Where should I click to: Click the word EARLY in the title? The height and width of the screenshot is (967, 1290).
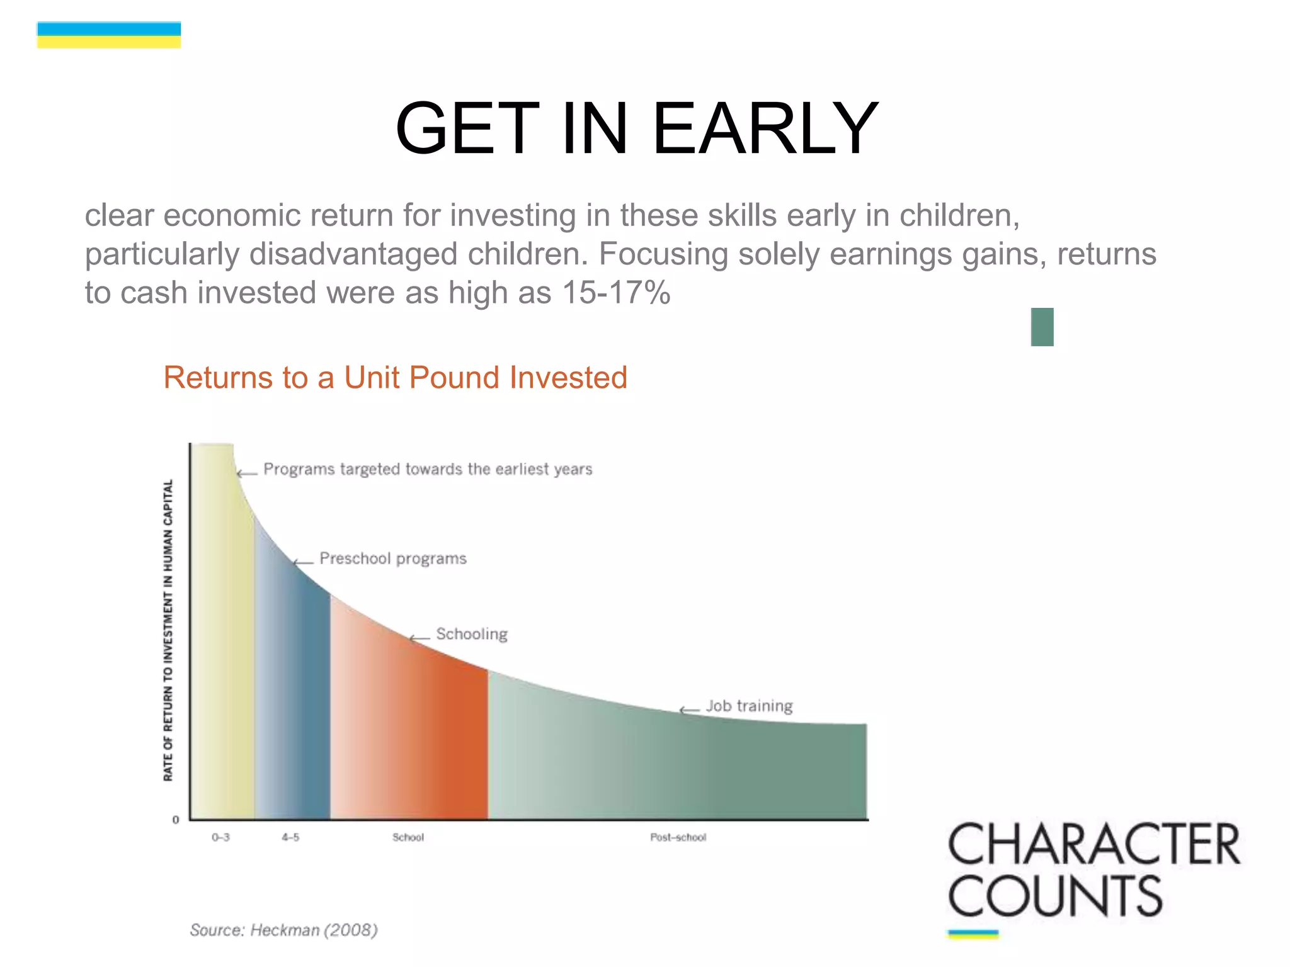(x=765, y=129)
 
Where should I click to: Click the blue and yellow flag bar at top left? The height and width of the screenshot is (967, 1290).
(x=109, y=35)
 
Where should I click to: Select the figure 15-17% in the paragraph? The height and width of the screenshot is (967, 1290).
(x=615, y=293)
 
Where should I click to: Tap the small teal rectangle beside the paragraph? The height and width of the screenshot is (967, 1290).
(x=1042, y=327)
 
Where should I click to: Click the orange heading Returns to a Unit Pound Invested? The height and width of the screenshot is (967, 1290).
(x=395, y=378)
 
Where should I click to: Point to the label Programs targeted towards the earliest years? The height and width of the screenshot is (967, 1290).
(x=428, y=469)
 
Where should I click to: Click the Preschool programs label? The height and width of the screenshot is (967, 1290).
(x=393, y=558)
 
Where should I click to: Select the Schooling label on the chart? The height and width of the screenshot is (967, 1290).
(x=471, y=634)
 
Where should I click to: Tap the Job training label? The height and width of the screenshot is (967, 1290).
(x=749, y=706)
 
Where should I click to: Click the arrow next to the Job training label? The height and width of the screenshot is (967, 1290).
(x=688, y=711)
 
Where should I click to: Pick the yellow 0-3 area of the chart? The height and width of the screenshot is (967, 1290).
(x=222, y=661)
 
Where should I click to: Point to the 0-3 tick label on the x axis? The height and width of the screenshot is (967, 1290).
(x=220, y=837)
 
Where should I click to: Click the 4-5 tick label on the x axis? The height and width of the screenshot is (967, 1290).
(x=290, y=837)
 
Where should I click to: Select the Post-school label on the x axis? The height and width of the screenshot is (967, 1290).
(x=678, y=837)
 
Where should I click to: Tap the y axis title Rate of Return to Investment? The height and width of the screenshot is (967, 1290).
(x=168, y=630)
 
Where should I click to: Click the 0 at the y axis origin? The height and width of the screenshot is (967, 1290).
(x=176, y=820)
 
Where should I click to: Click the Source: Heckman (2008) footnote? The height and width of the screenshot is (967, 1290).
(x=283, y=930)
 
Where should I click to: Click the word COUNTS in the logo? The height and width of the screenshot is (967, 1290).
(x=1054, y=896)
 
